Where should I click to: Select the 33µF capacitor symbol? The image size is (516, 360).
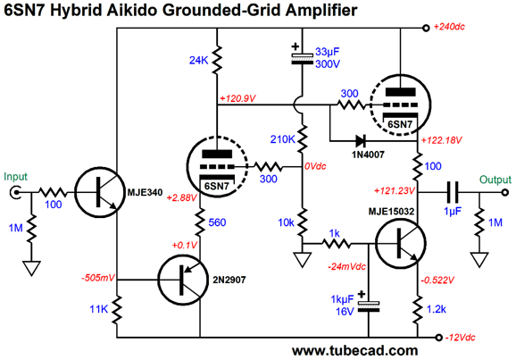click(304, 56)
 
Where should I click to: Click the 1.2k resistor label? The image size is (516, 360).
click(437, 309)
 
